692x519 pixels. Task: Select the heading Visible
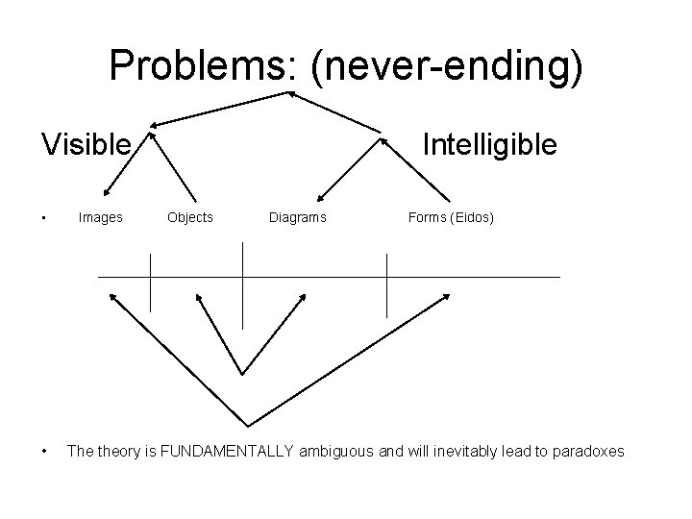pos(86,145)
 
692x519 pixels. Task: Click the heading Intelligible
pos(489,145)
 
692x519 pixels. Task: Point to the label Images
pos(100,218)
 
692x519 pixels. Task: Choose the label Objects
pos(190,218)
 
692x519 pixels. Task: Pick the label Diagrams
pos(298,218)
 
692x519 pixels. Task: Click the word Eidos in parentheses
pos(470,218)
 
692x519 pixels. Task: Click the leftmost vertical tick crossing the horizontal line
pos(151,277)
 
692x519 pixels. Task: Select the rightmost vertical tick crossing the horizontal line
pos(386,284)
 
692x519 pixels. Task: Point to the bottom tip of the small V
pos(242,373)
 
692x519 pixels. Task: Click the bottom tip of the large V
pos(249,426)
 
